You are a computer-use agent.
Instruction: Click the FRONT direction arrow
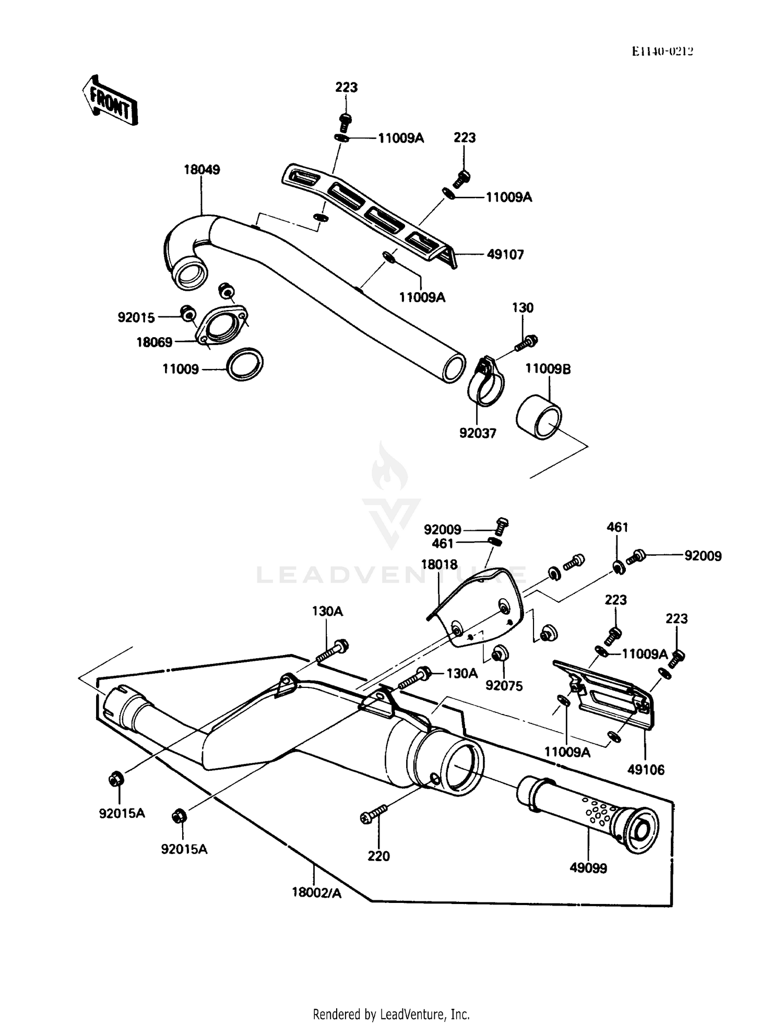[x=110, y=101]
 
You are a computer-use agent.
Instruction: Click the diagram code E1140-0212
[x=662, y=51]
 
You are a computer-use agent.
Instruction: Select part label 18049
[x=201, y=170]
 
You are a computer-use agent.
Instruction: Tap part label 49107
[x=505, y=255]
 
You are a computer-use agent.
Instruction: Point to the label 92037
[x=477, y=433]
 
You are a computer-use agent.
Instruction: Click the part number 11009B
[x=548, y=369]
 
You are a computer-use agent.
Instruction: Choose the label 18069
[x=154, y=342]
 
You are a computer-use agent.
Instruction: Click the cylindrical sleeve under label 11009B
[x=539, y=419]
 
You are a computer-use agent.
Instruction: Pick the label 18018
[x=439, y=564]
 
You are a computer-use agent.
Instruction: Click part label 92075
[x=504, y=685]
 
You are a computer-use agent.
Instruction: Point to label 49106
[x=646, y=769]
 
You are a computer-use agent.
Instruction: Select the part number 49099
[x=588, y=868]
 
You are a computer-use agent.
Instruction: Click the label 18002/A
[x=316, y=892]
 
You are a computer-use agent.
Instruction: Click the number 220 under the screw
[x=378, y=856]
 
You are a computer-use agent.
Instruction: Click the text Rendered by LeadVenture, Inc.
[x=391, y=1014]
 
